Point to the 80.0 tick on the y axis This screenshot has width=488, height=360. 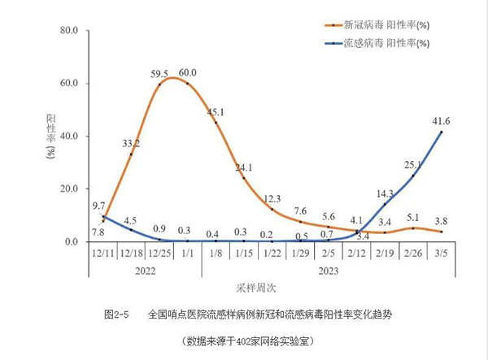67,31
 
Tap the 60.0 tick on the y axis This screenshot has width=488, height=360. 67,84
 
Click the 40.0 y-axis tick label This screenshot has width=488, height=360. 67,137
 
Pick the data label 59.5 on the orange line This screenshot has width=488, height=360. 159,72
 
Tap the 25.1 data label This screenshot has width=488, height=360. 413,165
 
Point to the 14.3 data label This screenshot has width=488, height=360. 385,193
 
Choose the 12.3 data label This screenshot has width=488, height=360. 272,198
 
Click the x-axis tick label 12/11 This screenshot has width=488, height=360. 102,254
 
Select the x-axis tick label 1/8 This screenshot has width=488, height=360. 216,254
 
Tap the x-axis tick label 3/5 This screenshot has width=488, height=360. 442,254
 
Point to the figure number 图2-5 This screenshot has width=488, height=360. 117,313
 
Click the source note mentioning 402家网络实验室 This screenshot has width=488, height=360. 248,340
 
